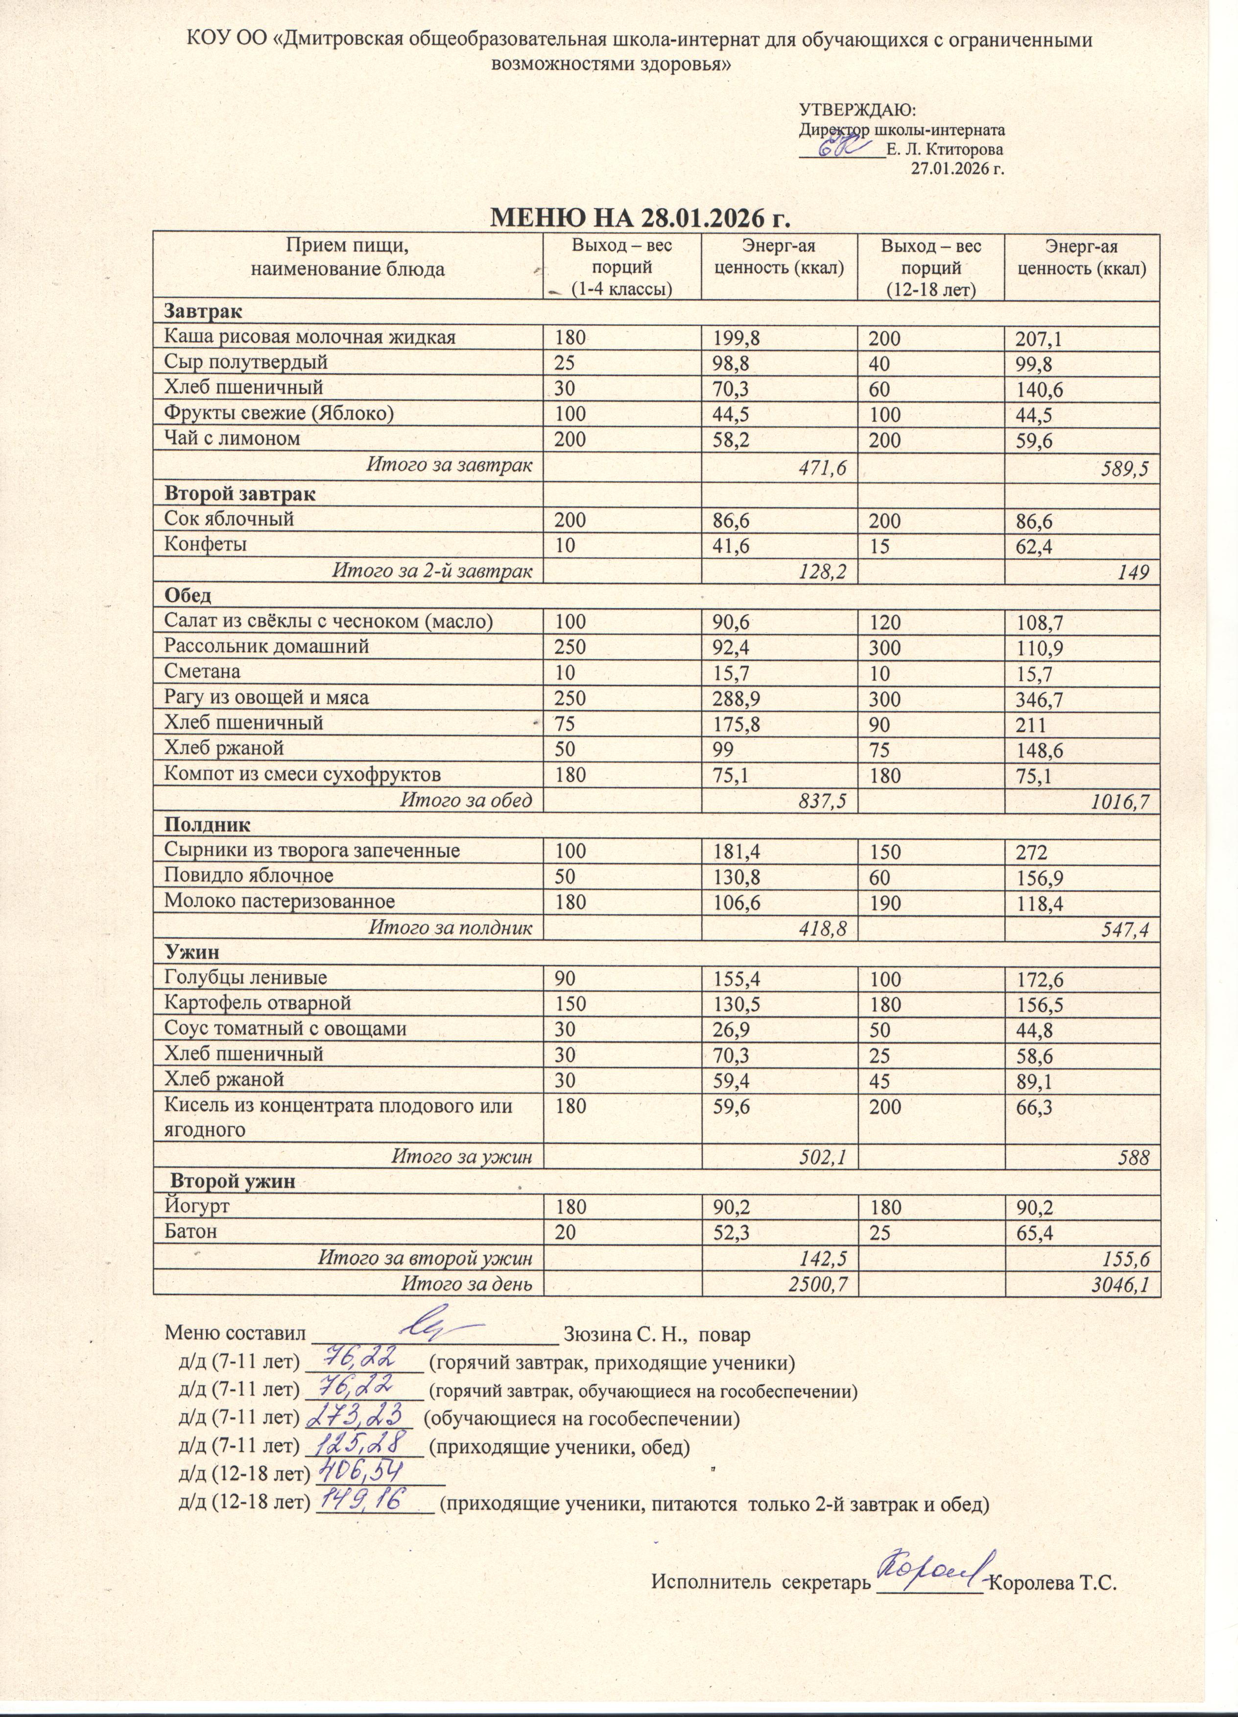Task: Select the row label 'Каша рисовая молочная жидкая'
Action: pyautogui.click(x=310, y=337)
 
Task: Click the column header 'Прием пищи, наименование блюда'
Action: pyautogui.click(x=348, y=258)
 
